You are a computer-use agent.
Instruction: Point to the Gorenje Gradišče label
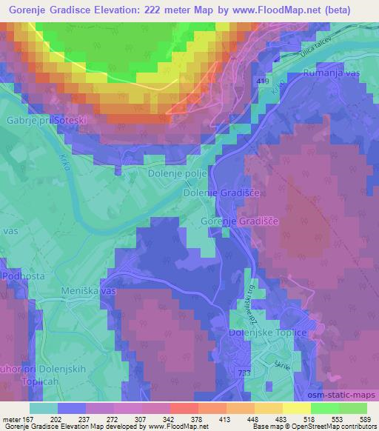[x=241, y=221]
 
